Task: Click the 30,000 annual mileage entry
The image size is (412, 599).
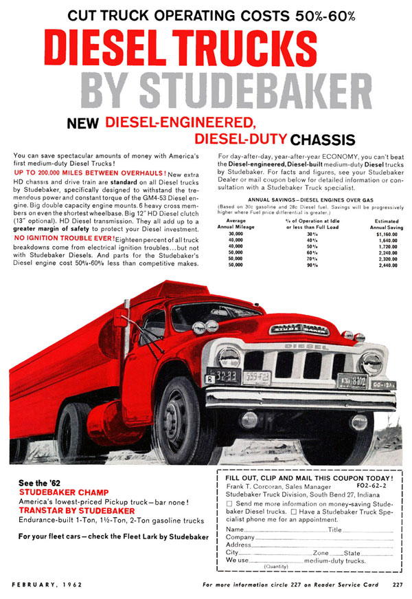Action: [x=235, y=234]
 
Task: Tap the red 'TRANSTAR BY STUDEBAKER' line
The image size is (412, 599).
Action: [x=77, y=511]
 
